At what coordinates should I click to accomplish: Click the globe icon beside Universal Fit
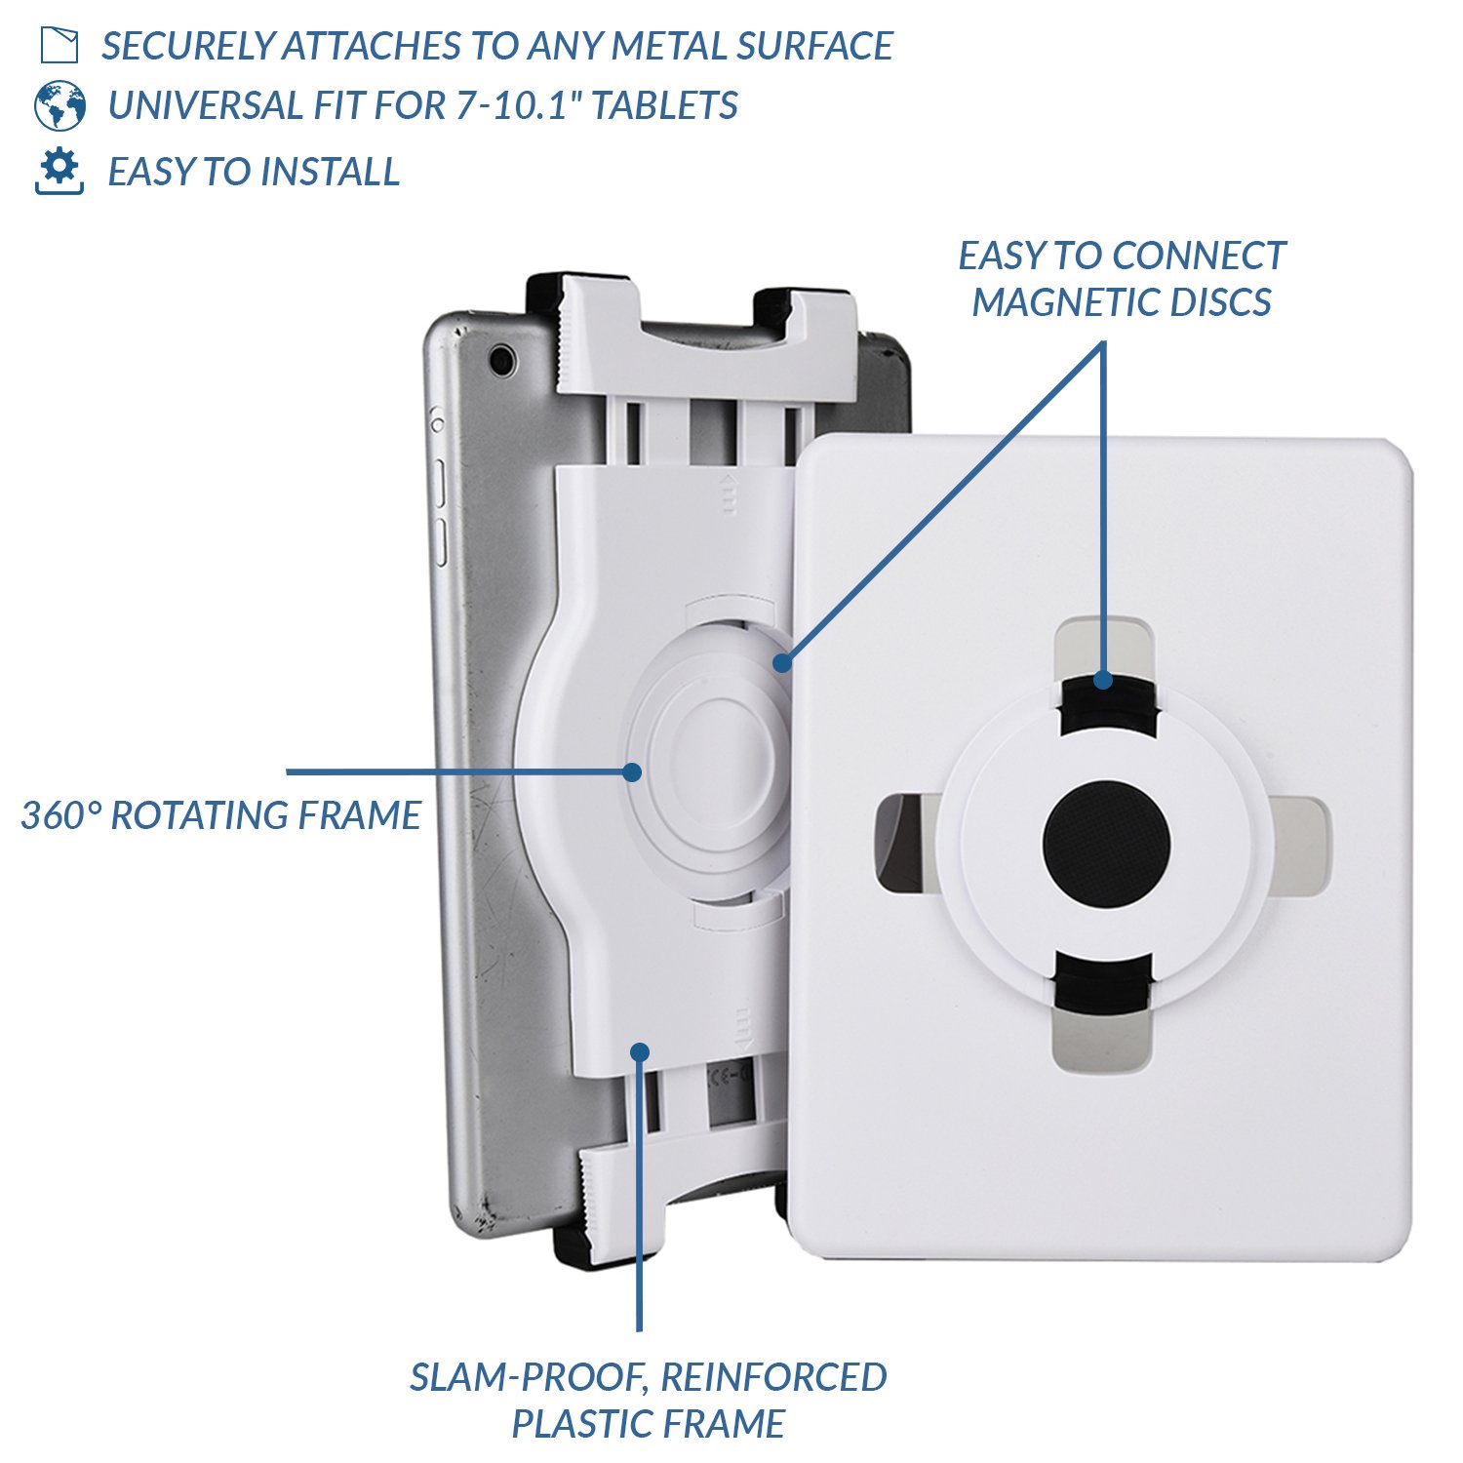click(59, 105)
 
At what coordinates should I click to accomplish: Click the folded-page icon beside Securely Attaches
click(59, 45)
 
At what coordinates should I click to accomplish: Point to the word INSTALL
click(332, 172)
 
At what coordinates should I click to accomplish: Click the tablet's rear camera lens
click(503, 359)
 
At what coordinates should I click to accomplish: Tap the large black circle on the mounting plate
click(1106, 843)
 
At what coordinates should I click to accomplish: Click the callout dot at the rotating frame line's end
click(632, 771)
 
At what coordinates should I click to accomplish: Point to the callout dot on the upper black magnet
click(1103, 679)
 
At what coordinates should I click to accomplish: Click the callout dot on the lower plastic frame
click(640, 1051)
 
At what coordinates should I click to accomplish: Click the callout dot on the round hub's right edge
click(781, 663)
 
